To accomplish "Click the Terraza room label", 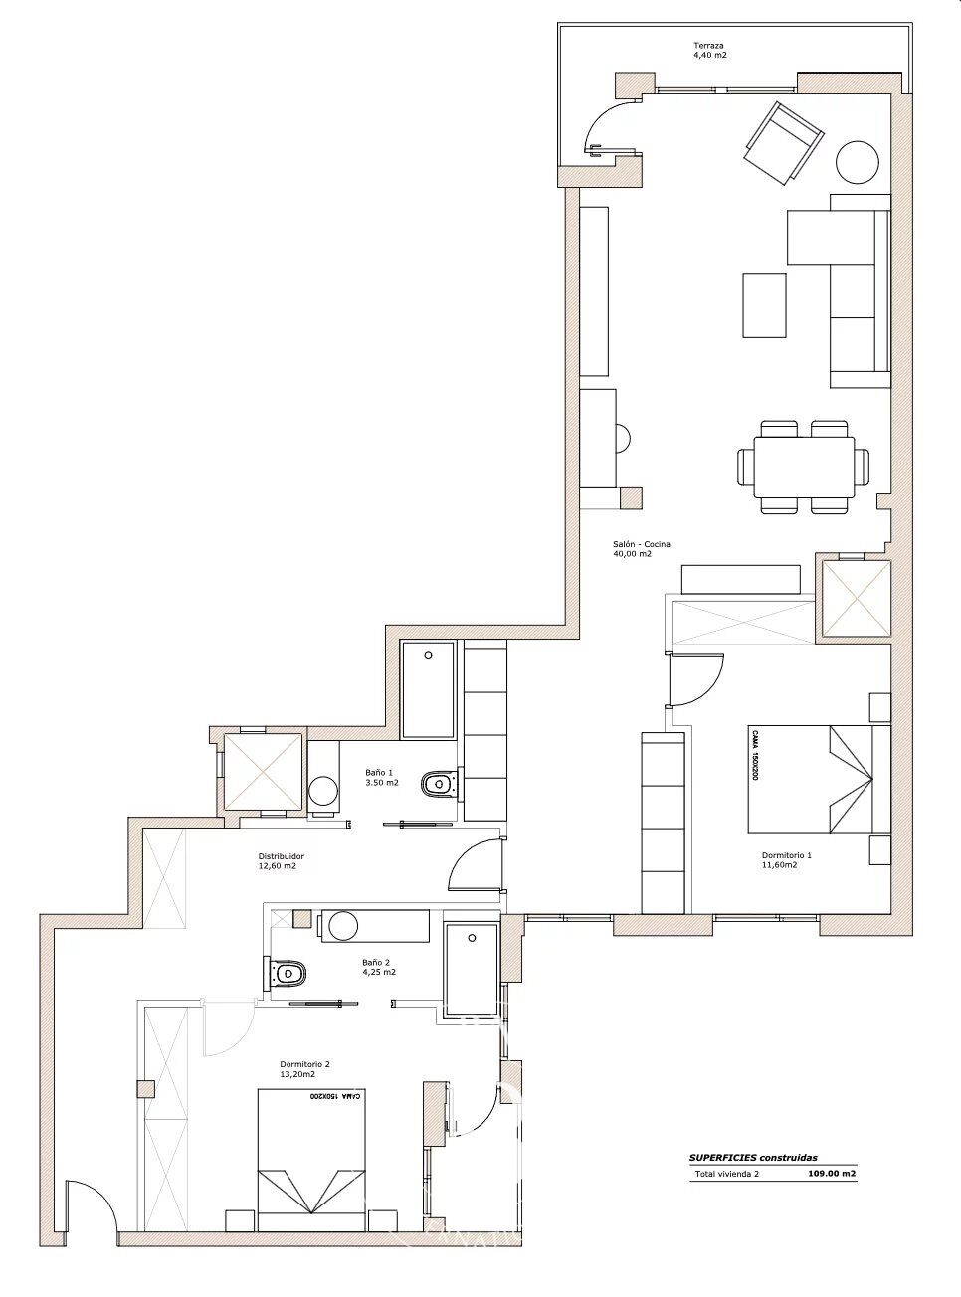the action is coord(710,50).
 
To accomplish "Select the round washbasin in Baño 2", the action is coord(343,926).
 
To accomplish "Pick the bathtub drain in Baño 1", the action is coord(428,655).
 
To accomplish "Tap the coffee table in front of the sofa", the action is coord(764,304).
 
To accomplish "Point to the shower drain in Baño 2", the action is coord(472,938).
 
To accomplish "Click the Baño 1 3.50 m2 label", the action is coord(382,777).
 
